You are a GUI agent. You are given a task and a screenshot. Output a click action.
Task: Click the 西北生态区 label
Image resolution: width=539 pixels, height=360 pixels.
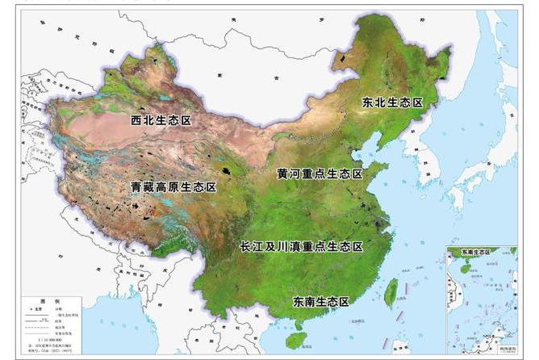point(160,120)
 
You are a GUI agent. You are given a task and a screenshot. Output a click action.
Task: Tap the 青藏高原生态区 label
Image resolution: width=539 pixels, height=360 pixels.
point(174,186)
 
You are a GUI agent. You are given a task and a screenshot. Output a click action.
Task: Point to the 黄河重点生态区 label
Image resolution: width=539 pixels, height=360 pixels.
point(320,174)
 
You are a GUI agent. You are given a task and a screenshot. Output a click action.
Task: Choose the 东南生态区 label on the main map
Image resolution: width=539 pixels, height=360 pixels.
point(321,302)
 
